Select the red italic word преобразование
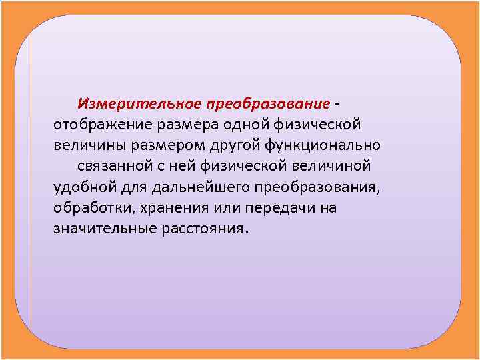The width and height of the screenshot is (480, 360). [x=268, y=104]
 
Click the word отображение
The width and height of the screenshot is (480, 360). [x=101, y=125]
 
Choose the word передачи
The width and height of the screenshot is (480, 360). [x=279, y=207]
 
